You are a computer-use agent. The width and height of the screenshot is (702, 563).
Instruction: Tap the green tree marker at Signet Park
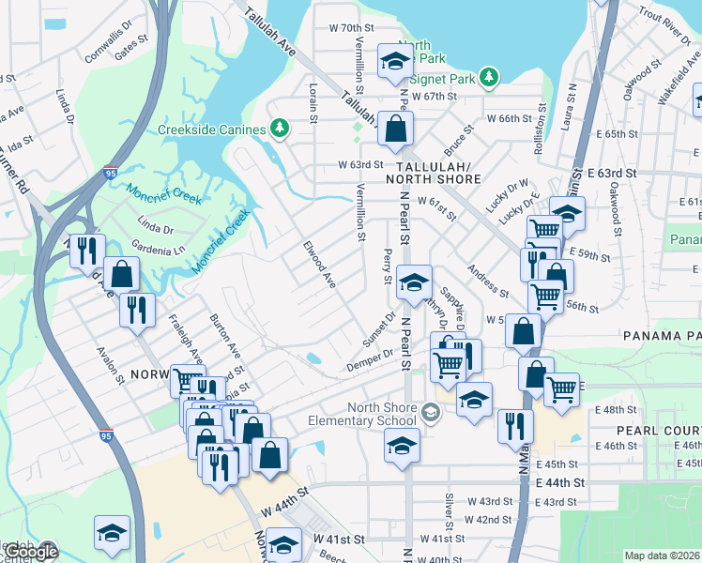coord(488,76)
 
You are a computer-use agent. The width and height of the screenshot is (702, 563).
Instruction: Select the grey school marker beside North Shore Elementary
coord(431,412)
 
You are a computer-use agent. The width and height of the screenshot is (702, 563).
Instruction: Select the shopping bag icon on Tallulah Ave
coord(395,129)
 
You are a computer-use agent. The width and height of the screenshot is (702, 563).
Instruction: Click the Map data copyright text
coord(662,555)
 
